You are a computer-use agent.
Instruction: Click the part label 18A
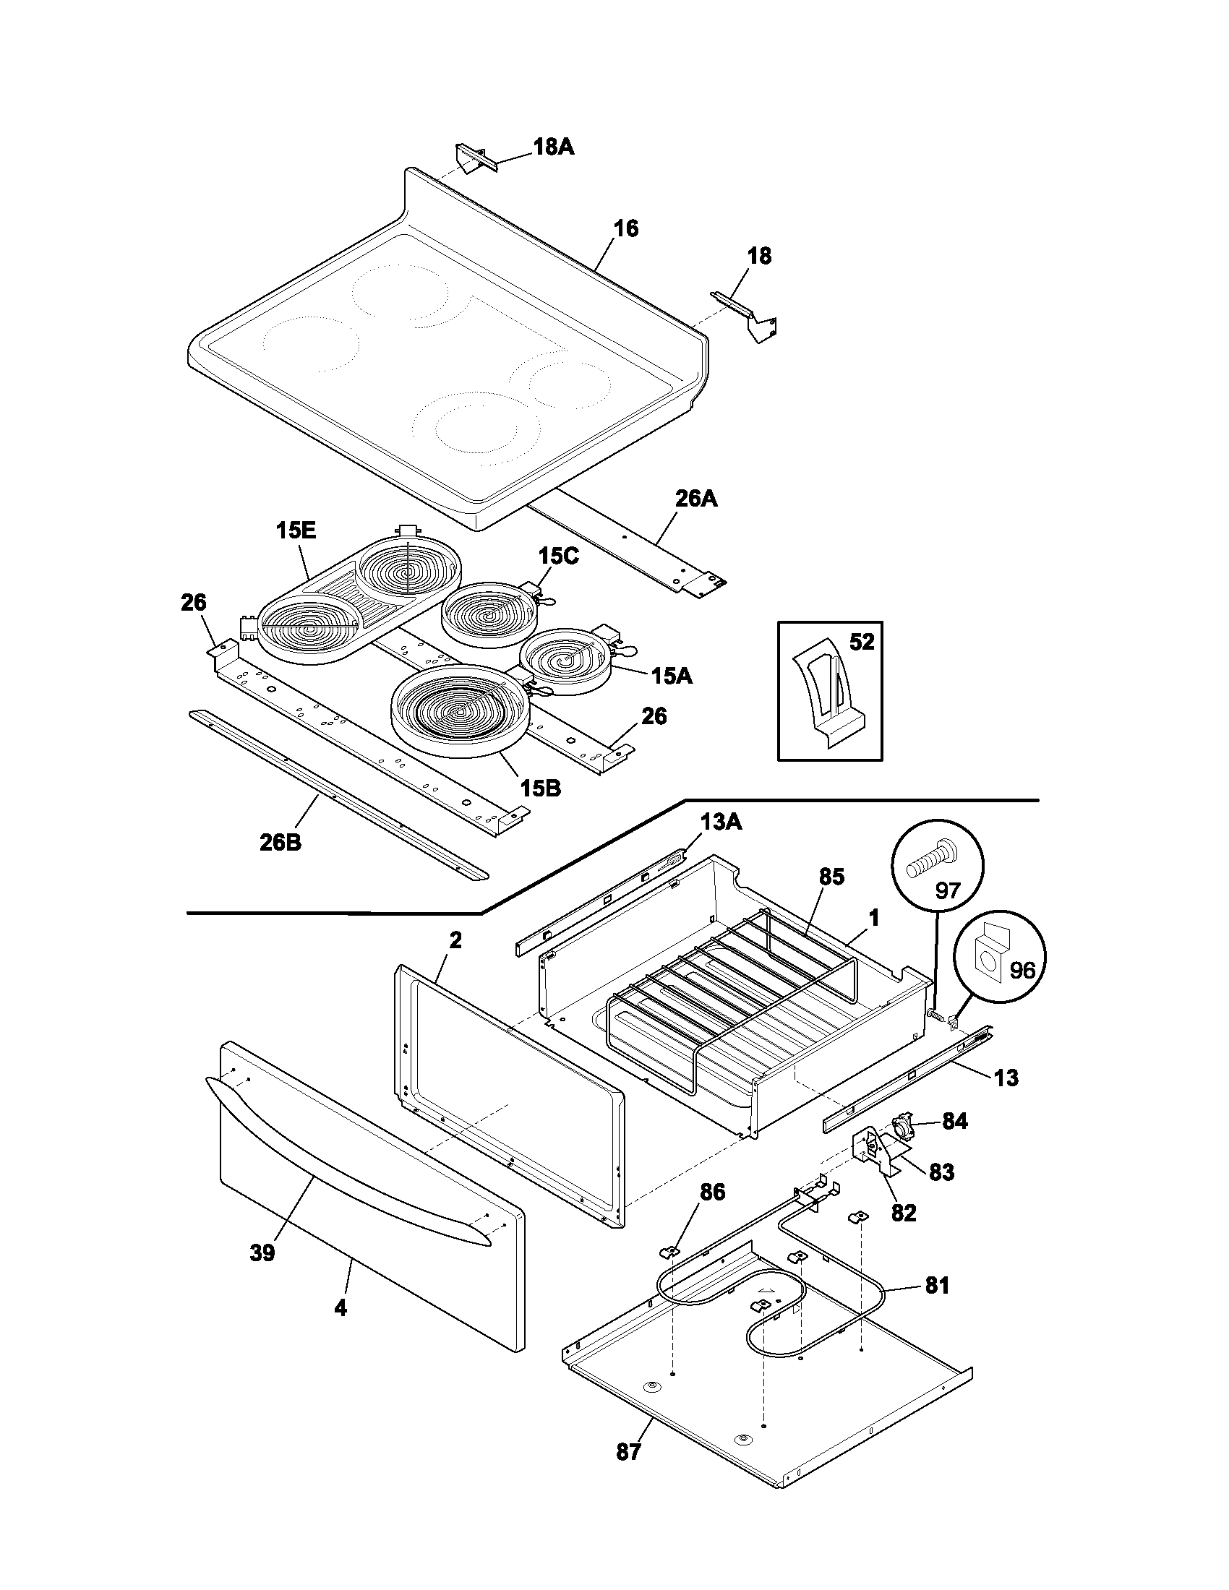coord(553,147)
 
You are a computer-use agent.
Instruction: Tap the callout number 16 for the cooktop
coord(625,228)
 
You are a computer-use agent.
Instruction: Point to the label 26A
coord(696,499)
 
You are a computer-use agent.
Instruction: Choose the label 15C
coord(558,556)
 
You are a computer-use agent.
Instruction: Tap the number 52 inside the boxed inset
coord(861,642)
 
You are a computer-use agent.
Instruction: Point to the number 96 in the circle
coord(1022,971)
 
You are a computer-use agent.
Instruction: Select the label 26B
coord(281,842)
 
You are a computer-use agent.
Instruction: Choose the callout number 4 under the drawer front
coord(340,1308)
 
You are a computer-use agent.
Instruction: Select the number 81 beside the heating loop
coord(937,1286)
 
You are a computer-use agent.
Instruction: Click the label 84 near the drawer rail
coord(954,1121)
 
